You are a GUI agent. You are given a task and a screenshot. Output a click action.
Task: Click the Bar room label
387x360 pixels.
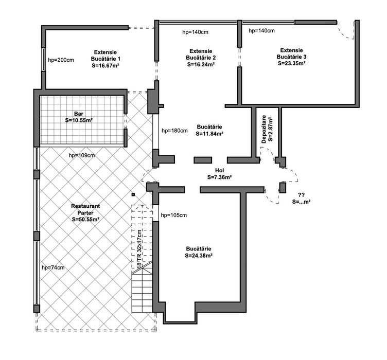click(x=79, y=114)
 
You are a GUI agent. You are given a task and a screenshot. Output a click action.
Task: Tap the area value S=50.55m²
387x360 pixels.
click(x=85, y=220)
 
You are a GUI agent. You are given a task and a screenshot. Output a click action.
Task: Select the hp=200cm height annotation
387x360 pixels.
click(x=61, y=60)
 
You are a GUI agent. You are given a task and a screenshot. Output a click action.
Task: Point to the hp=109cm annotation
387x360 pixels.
click(x=82, y=155)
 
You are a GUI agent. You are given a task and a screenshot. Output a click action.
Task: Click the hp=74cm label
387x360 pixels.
click(x=53, y=267)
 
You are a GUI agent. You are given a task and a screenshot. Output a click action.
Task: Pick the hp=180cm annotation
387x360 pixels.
click(x=174, y=131)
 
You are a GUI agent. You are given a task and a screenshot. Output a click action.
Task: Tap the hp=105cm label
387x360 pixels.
click(x=174, y=215)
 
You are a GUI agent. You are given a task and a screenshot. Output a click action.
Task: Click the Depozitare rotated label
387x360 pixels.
click(x=264, y=129)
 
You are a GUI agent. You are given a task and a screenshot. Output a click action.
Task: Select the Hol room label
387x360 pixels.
click(x=219, y=170)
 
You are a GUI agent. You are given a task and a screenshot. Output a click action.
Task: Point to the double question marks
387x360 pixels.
click(x=301, y=195)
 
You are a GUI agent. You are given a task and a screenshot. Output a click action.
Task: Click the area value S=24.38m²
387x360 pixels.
click(x=199, y=256)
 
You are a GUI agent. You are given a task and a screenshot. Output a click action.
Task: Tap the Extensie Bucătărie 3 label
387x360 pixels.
click(x=291, y=53)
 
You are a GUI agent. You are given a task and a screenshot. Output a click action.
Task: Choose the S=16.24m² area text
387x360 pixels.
click(x=201, y=64)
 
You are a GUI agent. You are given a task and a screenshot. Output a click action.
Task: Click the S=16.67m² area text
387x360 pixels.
click(x=105, y=66)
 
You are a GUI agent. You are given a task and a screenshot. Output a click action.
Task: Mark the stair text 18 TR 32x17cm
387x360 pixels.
click(x=139, y=249)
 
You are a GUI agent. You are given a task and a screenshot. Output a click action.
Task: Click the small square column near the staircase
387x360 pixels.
click(x=133, y=194)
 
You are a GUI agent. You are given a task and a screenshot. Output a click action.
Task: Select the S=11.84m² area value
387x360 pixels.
click(x=209, y=134)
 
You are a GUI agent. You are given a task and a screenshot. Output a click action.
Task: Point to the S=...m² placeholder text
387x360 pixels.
click(x=301, y=202)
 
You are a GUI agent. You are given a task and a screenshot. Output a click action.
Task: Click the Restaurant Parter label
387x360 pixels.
click(x=85, y=209)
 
